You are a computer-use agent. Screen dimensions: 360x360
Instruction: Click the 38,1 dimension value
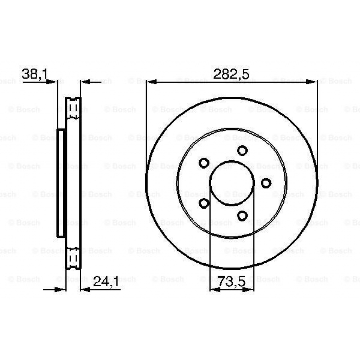coord(34,74)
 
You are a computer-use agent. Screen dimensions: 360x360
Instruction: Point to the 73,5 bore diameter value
coord(231,282)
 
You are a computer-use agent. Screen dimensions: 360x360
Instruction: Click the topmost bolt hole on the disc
coord(242,150)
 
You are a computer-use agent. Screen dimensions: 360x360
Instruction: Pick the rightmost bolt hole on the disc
coord(266,183)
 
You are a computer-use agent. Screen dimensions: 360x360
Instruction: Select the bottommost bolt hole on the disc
coord(242,216)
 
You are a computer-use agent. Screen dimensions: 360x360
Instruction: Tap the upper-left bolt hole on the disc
coord(204,163)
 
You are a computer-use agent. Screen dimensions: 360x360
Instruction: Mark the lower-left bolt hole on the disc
coord(204,203)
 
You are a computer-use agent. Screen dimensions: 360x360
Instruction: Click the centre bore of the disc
coord(232,183)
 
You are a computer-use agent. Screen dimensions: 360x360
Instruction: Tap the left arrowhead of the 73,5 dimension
coord(214,290)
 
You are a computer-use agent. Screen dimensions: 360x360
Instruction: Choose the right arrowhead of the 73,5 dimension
coord(249,290)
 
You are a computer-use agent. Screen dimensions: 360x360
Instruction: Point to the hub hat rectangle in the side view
coord(61,183)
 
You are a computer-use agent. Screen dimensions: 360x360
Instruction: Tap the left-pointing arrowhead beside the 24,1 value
coord(85,290)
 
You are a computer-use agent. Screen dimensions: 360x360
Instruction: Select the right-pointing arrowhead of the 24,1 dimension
coord(62,290)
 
